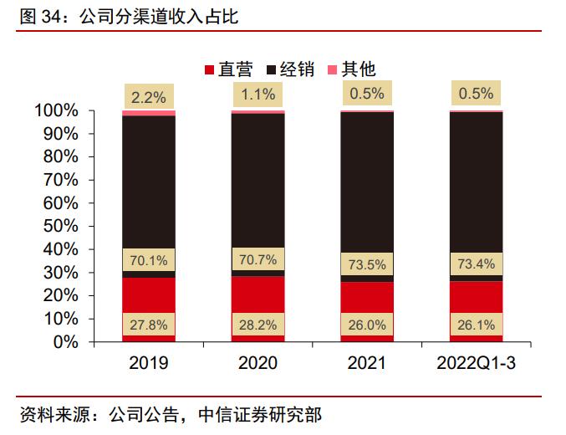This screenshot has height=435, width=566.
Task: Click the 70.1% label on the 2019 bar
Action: tap(149, 260)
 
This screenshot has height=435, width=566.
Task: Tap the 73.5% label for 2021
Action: tap(367, 264)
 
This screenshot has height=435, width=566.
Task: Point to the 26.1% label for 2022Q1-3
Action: tap(477, 325)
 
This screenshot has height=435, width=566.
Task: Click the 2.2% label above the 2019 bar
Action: tap(149, 96)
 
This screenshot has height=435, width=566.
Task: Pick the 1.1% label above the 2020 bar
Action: tap(258, 95)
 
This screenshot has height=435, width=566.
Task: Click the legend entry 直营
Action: tap(227, 69)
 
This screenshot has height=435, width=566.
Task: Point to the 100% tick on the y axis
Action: tap(57, 111)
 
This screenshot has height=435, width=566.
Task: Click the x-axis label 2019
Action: tap(149, 363)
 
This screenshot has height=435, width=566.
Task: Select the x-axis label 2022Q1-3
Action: tap(477, 363)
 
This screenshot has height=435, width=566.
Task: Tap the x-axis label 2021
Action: tap(367, 363)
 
